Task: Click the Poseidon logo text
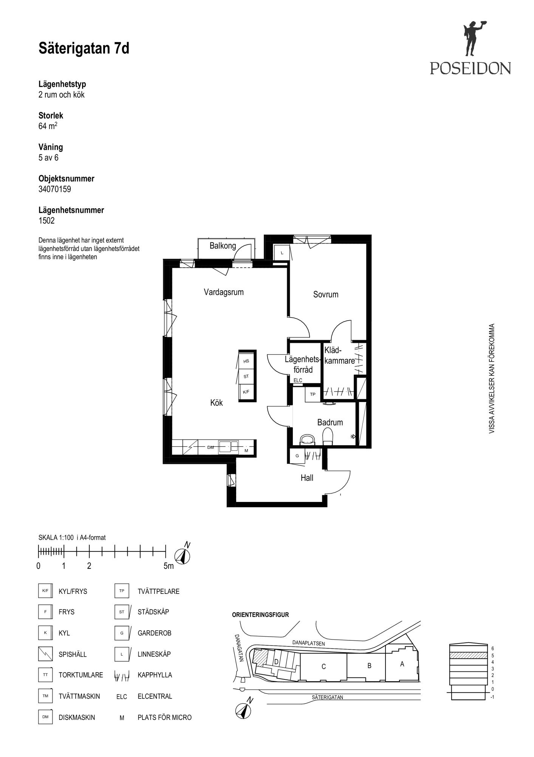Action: pyautogui.click(x=470, y=68)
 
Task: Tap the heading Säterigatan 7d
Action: pyautogui.click(x=84, y=48)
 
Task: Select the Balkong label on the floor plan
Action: pyautogui.click(x=223, y=246)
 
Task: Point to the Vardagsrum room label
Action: pyautogui.click(x=224, y=292)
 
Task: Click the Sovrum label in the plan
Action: pyautogui.click(x=326, y=294)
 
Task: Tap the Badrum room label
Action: pyautogui.click(x=330, y=422)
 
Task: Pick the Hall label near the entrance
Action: pyautogui.click(x=307, y=478)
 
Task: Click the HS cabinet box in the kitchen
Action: pyautogui.click(x=246, y=361)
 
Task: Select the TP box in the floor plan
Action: pyautogui.click(x=313, y=394)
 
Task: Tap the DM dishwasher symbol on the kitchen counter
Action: pyautogui.click(x=211, y=447)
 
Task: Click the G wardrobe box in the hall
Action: pyautogui.click(x=297, y=456)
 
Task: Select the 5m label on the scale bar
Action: pyautogui.click(x=169, y=566)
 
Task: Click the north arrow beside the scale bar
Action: pyautogui.click(x=182, y=555)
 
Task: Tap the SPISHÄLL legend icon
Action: pyautogui.click(x=45, y=654)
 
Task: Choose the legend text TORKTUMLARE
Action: pyautogui.click(x=81, y=675)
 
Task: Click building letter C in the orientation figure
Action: pyautogui.click(x=323, y=667)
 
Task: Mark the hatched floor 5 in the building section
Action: pyautogui.click(x=468, y=655)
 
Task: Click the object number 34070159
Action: pyautogui.click(x=55, y=189)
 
